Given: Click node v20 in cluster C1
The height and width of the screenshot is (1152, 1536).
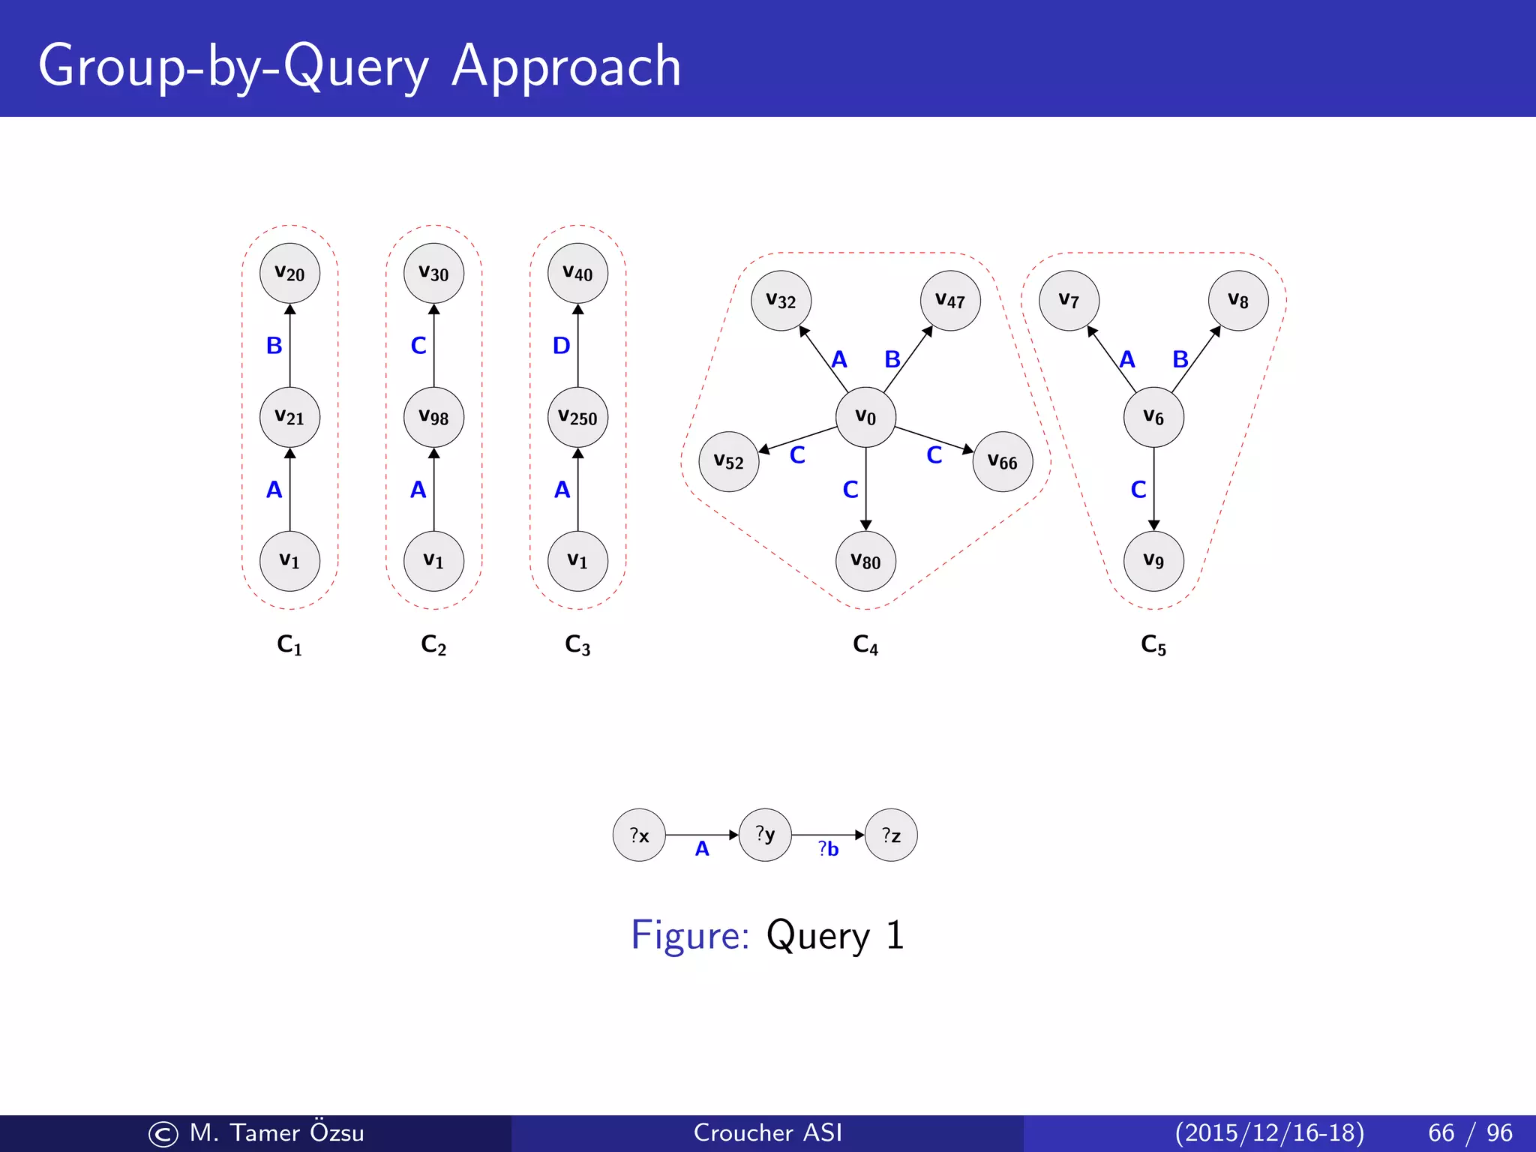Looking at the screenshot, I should pos(289,273).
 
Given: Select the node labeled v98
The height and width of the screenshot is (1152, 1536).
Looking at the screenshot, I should pos(433,417).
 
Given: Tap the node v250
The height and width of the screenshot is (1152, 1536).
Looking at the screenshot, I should pos(577,417).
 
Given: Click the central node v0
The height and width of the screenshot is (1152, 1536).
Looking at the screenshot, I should pos(865,417).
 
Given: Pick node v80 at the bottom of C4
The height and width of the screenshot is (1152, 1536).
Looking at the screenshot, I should pos(865,561).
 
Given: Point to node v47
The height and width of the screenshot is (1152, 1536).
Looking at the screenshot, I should pos(950,301).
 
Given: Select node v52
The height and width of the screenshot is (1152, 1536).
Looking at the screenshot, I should pos(728,461).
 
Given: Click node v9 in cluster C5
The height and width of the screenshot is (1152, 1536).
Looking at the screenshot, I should pos(1153,561).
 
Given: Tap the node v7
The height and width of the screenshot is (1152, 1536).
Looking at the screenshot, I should pos(1069,301).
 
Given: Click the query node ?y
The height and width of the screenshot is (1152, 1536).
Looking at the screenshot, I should pos(765,835).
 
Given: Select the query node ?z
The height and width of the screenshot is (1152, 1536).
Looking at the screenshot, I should pos(891,835).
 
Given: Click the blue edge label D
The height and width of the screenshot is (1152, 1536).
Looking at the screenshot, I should pos(561,346).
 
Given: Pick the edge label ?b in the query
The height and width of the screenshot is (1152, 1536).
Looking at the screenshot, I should pos(828,849).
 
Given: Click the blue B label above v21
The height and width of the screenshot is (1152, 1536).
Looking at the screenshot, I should pos(274,346).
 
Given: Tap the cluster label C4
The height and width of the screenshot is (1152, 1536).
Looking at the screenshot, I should pos(865,644).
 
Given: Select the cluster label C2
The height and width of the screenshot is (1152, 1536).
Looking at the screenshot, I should pos(433,644).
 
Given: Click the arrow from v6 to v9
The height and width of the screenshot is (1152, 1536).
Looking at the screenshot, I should pos(1153,489).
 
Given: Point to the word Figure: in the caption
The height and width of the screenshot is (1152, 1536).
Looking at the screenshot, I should pos(689,935).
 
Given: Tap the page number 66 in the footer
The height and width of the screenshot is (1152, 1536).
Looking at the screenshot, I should pos(1441,1132).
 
